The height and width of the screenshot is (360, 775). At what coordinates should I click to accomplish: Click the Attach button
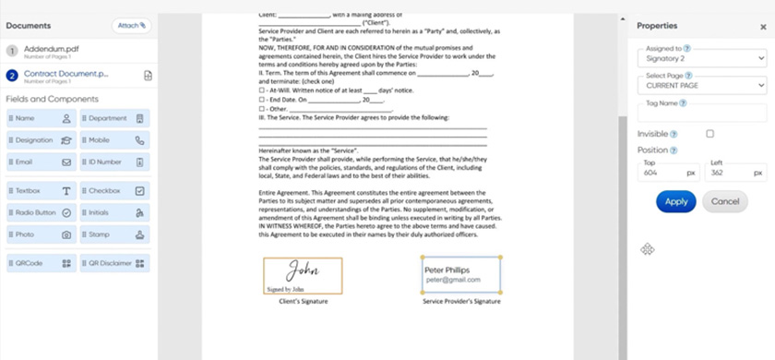click(130, 26)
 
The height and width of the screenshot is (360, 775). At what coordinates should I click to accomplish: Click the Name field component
click(41, 119)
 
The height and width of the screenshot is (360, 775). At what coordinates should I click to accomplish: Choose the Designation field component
click(41, 141)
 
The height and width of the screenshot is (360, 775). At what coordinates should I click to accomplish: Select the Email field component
click(41, 162)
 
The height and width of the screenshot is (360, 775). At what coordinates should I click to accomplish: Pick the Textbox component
click(41, 191)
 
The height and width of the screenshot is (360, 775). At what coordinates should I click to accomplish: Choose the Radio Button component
click(41, 213)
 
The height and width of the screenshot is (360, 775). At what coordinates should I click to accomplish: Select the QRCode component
click(41, 263)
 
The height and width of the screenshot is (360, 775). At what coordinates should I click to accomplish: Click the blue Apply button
click(675, 201)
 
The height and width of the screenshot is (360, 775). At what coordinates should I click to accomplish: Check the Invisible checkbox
click(709, 134)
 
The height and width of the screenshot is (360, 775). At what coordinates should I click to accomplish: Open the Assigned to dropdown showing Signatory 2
click(702, 58)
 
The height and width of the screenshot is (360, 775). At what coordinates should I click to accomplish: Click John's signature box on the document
click(303, 275)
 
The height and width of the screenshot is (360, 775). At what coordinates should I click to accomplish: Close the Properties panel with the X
click(762, 27)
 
